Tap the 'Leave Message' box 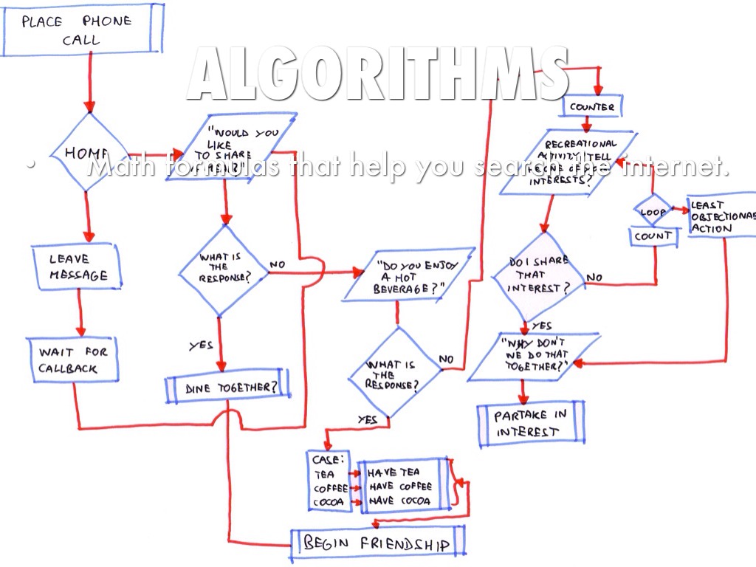tap(78, 267)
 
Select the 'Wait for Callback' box tap(73, 360)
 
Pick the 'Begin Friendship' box tap(377, 543)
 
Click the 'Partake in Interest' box tap(530, 424)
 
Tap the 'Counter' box tap(592, 107)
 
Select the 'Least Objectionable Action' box tap(721, 216)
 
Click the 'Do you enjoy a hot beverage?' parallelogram tap(407, 275)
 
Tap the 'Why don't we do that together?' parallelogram tap(533, 356)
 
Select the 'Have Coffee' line tap(401, 487)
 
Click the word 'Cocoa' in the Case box tap(329, 503)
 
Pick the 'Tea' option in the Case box tap(325, 474)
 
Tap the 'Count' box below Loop tap(653, 236)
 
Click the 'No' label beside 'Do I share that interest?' tap(595, 278)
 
